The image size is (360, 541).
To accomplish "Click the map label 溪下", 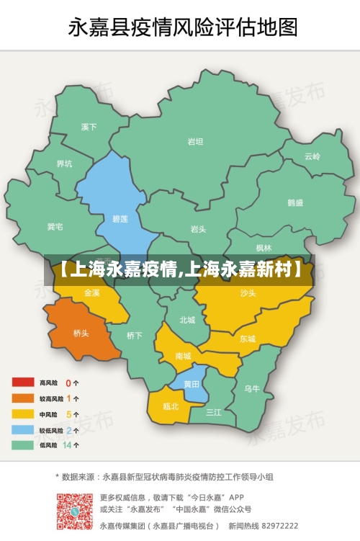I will (x=89, y=128).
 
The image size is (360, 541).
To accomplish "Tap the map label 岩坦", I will (x=195, y=142).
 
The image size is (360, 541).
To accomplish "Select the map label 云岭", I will (x=312, y=156).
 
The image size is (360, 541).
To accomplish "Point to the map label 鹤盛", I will (x=295, y=203).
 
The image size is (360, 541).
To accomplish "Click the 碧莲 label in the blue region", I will (x=120, y=218).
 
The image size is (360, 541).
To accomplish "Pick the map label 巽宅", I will (x=55, y=228).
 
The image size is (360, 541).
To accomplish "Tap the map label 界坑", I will (x=64, y=164).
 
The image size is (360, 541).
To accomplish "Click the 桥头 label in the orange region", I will (x=81, y=333).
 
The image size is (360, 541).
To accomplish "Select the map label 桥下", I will (x=135, y=335).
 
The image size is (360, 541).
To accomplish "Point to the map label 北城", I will (x=187, y=320).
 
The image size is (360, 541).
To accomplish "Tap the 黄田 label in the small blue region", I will (x=192, y=384).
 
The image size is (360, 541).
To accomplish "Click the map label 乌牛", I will (x=252, y=389).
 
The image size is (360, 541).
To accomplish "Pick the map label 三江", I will (x=214, y=413).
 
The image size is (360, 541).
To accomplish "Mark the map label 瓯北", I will (x=171, y=406).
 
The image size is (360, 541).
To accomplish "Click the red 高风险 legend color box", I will (x=22, y=383).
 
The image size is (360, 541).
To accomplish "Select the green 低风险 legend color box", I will (x=22, y=445).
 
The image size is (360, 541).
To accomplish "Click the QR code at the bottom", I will (x=76, y=511).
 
